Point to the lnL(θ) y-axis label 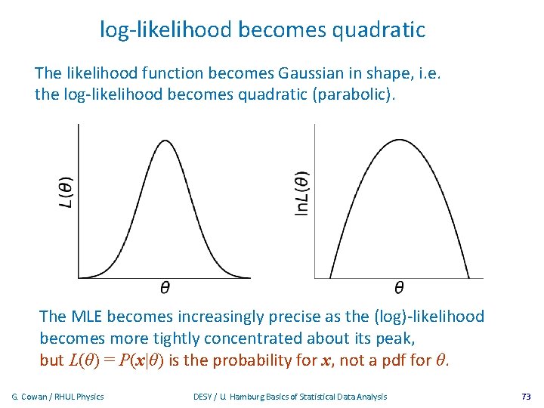(301, 194)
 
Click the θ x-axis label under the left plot (165, 287)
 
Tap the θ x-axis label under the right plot (398, 287)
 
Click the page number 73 (526, 397)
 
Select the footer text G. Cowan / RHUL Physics (57, 397)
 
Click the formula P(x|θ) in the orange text (137, 360)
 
